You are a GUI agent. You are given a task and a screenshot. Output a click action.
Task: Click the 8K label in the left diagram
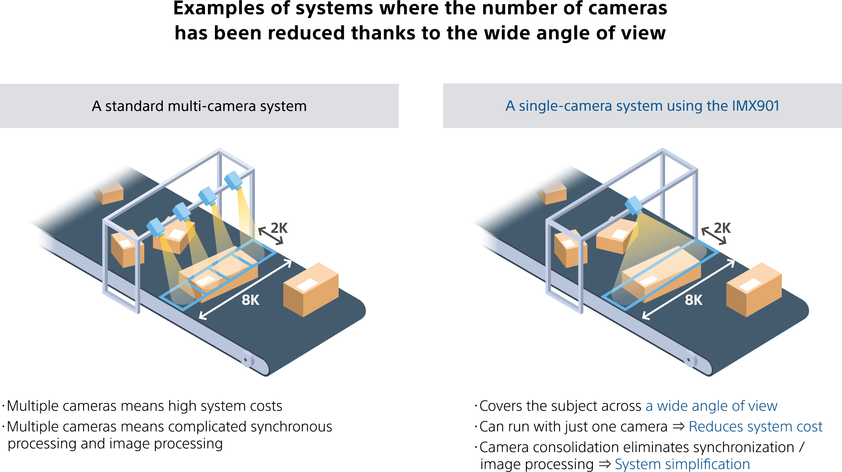pos(250,300)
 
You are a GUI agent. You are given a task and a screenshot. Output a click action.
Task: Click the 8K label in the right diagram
pos(694,300)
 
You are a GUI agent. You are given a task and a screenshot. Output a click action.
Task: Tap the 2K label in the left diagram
pos(279,228)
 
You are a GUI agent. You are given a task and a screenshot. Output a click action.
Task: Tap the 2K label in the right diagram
pos(722,228)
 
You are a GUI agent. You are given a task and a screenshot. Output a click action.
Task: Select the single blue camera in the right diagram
pos(634,205)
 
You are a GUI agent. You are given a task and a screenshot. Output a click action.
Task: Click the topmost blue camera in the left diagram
pos(233,180)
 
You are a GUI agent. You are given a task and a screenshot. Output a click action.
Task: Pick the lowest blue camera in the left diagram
pos(155,227)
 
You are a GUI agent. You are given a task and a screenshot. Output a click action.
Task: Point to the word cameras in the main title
pos(627,8)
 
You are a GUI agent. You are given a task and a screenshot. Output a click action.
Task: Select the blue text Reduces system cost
pos(756,427)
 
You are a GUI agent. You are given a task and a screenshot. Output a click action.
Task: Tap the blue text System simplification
pos(682,464)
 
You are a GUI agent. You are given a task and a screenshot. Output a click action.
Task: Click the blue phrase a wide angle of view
pos(711,406)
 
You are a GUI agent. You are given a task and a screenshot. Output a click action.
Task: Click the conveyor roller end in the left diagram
pos(246,359)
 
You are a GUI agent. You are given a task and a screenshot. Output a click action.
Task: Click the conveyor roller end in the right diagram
pos(689,359)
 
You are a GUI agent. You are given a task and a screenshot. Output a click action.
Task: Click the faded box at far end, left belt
pos(110,193)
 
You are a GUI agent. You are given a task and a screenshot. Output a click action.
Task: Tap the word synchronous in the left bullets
pos(291,427)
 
